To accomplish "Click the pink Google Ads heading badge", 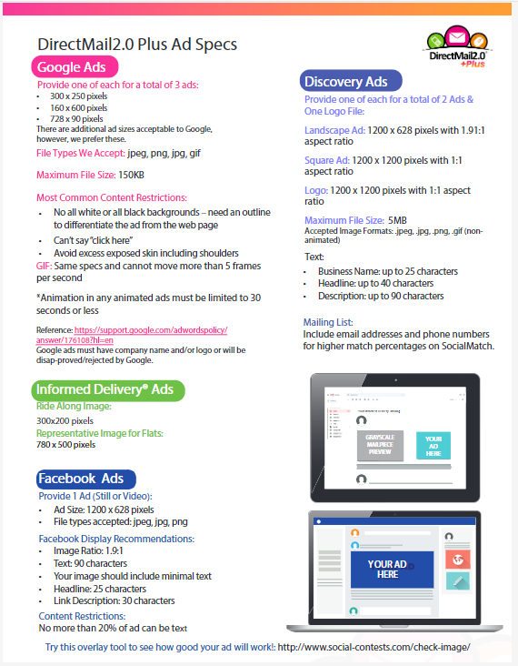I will pos(76,67).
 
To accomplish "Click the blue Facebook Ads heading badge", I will pos(84,479).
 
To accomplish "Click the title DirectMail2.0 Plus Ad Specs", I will pos(137,44).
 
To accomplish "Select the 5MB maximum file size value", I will pos(397,220).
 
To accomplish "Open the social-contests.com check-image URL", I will pos(374,647).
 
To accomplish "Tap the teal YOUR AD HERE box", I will pos(433,445).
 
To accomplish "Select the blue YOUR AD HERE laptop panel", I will pos(387,570).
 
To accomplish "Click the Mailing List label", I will pos(328,322).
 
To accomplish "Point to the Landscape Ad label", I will pos(334,130).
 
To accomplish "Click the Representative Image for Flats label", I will pos(100,433).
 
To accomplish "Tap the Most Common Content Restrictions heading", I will pos(112,197).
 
